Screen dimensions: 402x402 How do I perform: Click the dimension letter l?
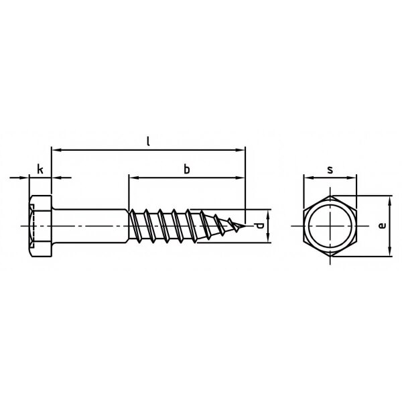pyautogui.click(x=148, y=141)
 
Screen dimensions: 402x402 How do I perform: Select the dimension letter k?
pyautogui.click(x=40, y=170)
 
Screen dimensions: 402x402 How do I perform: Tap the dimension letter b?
pyautogui.click(x=187, y=170)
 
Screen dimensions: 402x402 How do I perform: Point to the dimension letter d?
pyautogui.click(x=259, y=226)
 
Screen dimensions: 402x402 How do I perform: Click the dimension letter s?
pyautogui.click(x=330, y=170)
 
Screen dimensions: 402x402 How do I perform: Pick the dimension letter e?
pyautogui.click(x=383, y=226)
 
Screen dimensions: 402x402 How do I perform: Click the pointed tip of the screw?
pyautogui.click(x=245, y=226)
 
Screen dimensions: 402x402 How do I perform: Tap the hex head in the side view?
pyautogui.click(x=40, y=226)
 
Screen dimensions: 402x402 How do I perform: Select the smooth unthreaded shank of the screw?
pyautogui.click(x=90, y=226)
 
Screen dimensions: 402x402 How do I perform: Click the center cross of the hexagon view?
pyautogui.click(x=330, y=226)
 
